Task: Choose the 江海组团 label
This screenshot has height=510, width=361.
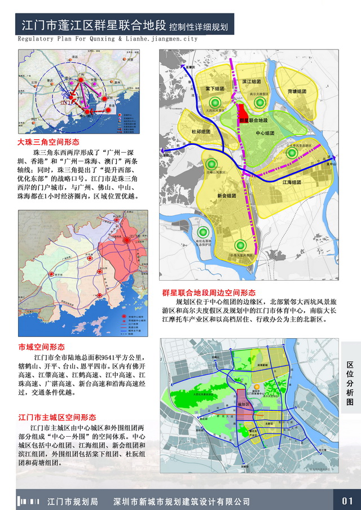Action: click(292, 183)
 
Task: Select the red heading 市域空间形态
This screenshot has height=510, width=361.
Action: click(41, 347)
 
